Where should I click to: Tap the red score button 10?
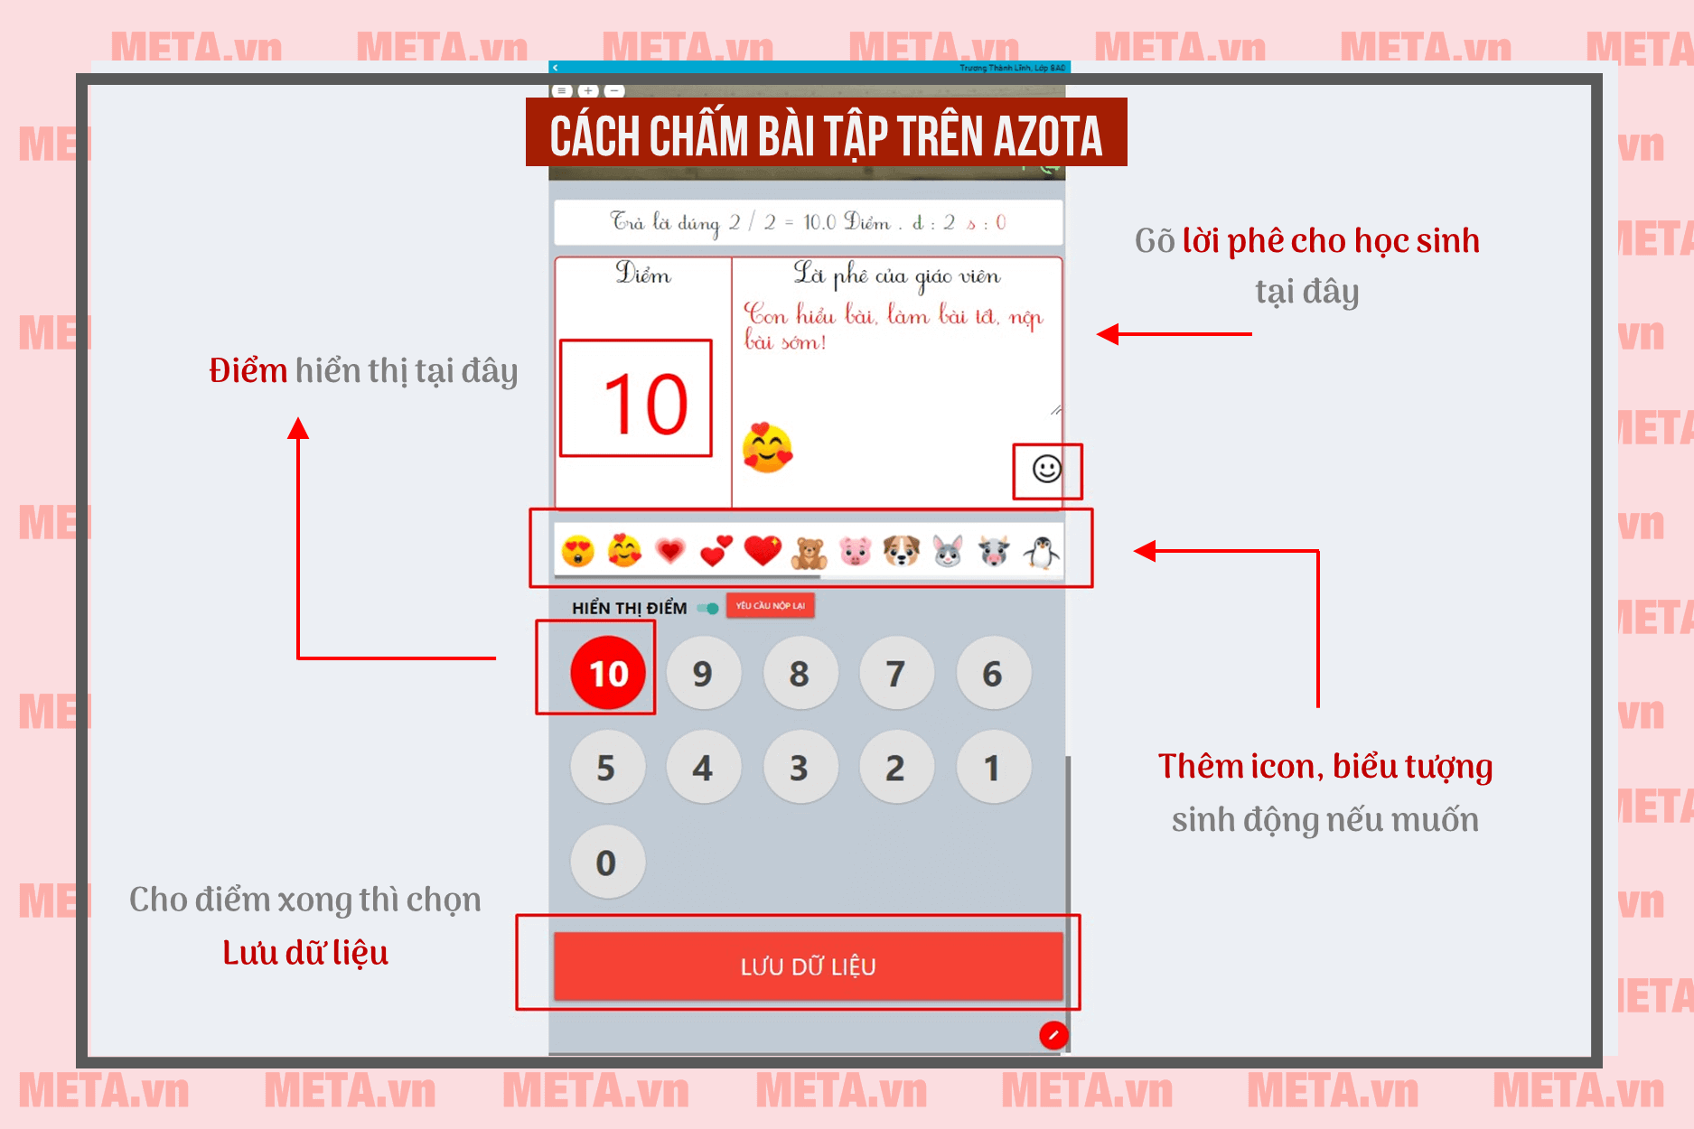click(x=608, y=673)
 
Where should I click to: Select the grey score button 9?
click(x=703, y=673)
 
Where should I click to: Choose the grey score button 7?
click(x=895, y=673)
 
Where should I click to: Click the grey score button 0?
click(x=606, y=863)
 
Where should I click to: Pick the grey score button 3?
click(x=799, y=768)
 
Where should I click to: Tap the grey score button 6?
click(x=992, y=673)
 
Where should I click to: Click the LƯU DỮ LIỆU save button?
click(x=808, y=966)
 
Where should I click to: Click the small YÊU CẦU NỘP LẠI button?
click(x=770, y=606)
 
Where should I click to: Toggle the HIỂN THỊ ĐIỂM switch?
click(x=709, y=608)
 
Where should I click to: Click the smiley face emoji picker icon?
click(x=1046, y=469)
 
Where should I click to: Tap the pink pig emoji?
click(x=855, y=551)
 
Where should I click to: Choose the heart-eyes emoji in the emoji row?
click(x=577, y=551)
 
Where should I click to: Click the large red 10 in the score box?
click(x=645, y=404)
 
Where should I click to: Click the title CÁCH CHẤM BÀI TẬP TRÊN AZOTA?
click(x=826, y=135)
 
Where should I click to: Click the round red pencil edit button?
click(x=1053, y=1035)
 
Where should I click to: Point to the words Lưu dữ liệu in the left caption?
click(x=305, y=953)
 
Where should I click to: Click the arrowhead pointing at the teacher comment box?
click(x=1109, y=334)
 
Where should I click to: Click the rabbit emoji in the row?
click(x=948, y=551)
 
